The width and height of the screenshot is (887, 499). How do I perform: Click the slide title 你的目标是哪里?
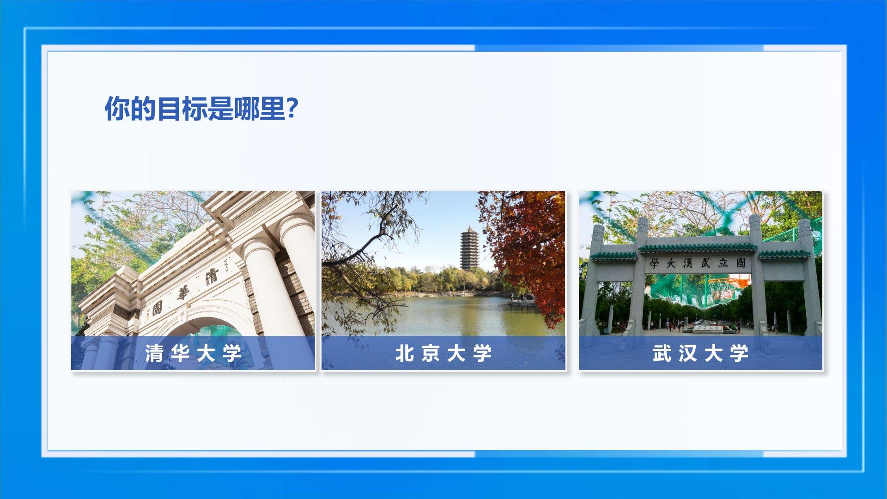click(x=201, y=109)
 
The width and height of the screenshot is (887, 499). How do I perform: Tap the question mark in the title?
click(x=292, y=109)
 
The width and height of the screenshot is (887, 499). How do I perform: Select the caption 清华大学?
click(x=193, y=353)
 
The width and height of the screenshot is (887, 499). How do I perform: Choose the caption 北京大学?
click(x=443, y=353)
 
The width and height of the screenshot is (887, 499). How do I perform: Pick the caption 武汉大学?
click(x=701, y=353)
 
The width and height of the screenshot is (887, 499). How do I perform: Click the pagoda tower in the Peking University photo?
click(x=469, y=248)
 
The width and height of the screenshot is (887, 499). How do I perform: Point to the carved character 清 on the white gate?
click(x=212, y=276)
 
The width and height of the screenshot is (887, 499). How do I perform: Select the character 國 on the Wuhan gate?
click(x=741, y=263)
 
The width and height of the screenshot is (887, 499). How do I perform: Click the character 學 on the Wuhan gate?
click(x=654, y=264)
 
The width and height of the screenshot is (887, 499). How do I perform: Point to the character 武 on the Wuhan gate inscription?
click(x=705, y=263)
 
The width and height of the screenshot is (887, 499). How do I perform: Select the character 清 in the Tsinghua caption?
click(x=154, y=353)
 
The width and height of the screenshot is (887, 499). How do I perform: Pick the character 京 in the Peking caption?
click(x=431, y=353)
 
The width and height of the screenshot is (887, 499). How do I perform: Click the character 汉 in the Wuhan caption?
click(x=688, y=353)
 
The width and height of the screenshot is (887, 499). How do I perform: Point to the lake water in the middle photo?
click(x=443, y=316)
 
